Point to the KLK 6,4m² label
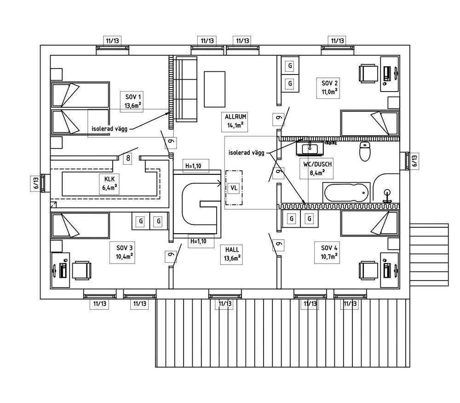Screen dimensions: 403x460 (x=109, y=184)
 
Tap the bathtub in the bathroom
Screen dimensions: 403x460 (x=346, y=192)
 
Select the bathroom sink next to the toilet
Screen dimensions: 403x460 (x=309, y=148)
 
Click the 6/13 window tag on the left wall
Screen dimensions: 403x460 (x=35, y=183)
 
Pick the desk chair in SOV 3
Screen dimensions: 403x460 (x=82, y=270)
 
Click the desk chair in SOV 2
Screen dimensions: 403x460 (x=368, y=73)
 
